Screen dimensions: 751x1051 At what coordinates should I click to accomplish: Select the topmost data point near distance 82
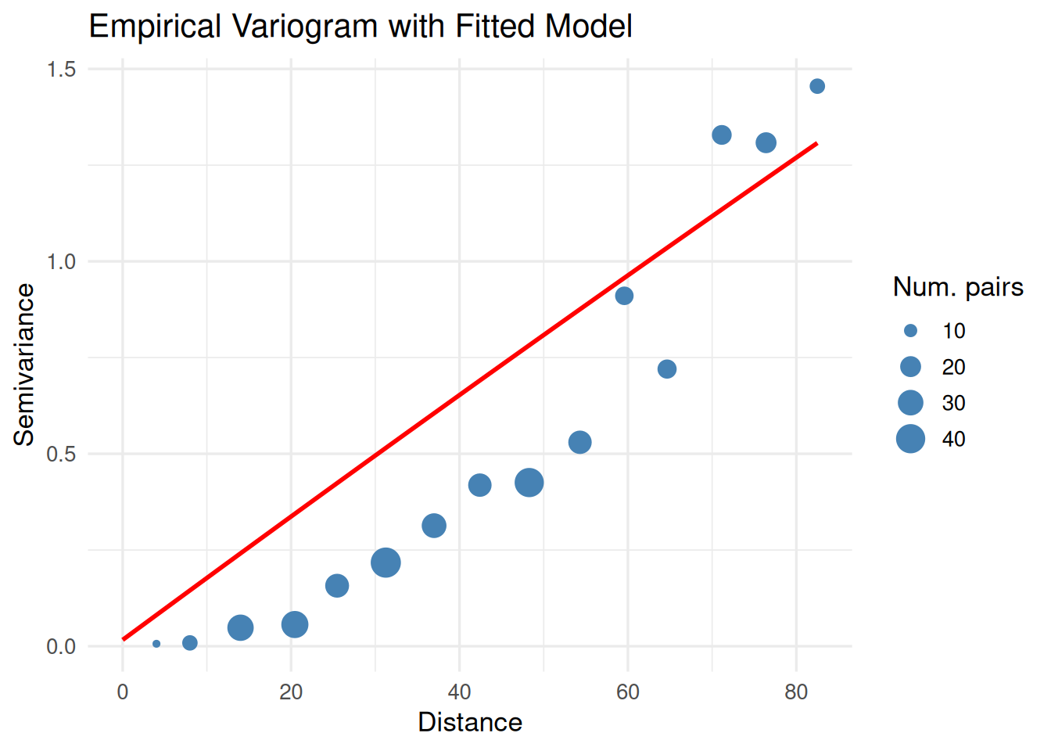[817, 86]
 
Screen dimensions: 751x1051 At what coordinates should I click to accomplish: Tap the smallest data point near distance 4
[156, 644]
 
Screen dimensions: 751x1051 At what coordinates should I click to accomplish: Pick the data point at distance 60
[624, 296]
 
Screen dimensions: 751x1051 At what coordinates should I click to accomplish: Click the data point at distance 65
[667, 369]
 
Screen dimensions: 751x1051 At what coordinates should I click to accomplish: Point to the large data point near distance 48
[529, 483]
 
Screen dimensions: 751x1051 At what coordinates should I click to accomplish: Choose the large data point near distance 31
[386, 562]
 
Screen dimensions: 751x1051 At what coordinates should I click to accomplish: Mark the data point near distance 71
[722, 135]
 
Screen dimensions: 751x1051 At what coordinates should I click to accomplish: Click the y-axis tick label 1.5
[61, 70]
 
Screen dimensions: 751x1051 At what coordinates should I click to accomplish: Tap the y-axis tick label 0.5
[61, 455]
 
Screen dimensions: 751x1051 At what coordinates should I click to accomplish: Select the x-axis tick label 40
[459, 692]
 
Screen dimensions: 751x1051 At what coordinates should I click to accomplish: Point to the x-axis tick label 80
[796, 692]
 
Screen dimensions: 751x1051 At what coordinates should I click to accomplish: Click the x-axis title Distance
[470, 722]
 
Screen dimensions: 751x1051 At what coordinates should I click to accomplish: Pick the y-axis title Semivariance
[24, 365]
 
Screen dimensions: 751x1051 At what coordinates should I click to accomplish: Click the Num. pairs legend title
[958, 287]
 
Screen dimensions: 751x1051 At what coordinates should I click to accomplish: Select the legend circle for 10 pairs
[910, 331]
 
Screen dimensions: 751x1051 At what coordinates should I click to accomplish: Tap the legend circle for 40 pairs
[910, 439]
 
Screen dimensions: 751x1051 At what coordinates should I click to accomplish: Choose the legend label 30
[953, 403]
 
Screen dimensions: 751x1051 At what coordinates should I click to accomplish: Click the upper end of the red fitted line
[816, 144]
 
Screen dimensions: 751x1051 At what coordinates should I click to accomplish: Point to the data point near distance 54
[579, 442]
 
